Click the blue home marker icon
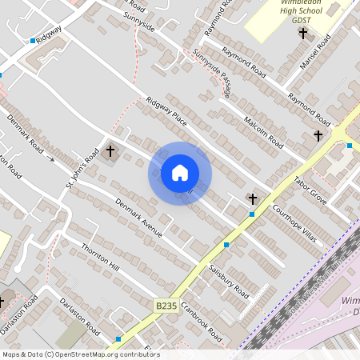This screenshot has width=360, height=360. click(x=180, y=173)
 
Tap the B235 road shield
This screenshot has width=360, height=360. click(x=166, y=306)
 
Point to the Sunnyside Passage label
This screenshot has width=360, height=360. click(x=212, y=75)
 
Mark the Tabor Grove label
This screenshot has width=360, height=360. click(x=310, y=190)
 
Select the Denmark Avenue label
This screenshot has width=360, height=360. click(x=138, y=219)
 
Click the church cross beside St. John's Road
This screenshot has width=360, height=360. click(x=110, y=151)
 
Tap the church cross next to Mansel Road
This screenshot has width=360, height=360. click(x=302, y=34)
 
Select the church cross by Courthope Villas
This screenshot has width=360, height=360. click(x=253, y=198)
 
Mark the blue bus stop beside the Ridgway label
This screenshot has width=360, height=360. click(x=33, y=40)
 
